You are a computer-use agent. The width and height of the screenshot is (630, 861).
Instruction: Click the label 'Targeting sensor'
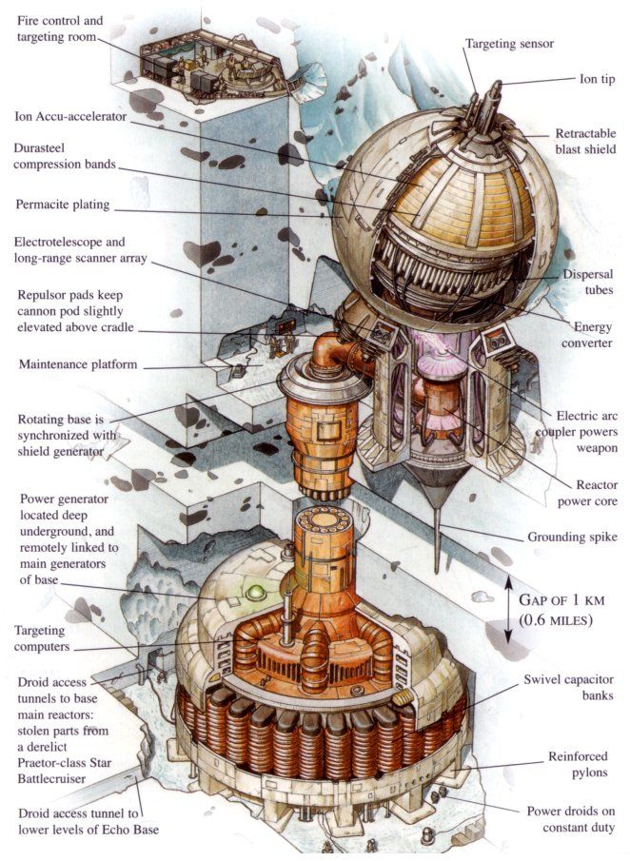tap(522, 44)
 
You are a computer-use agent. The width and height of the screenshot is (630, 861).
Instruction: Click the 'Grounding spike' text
tap(570, 537)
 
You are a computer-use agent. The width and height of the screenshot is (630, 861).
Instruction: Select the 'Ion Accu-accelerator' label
tap(73, 118)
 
